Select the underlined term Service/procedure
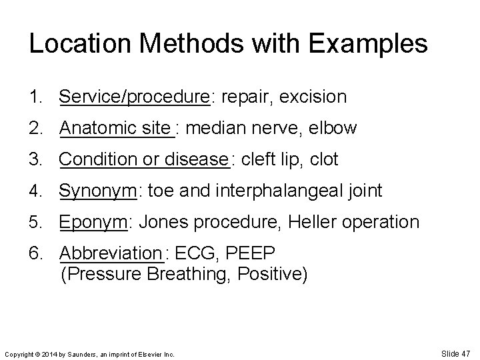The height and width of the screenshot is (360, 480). click(135, 97)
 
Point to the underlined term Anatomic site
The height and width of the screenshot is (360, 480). click(115, 127)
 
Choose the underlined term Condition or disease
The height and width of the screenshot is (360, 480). click(143, 159)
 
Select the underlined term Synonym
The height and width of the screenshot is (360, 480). click(97, 191)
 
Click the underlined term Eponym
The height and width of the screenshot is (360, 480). click(93, 222)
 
